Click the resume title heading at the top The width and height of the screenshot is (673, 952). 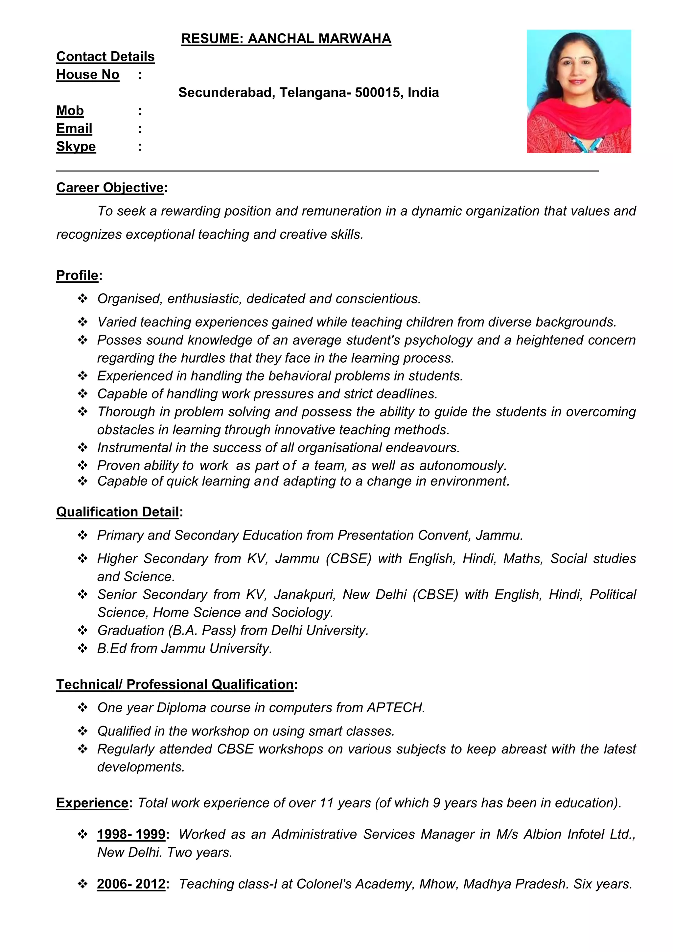pos(286,38)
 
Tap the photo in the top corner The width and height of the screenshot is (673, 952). pos(578,91)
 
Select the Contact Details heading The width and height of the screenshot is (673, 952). pos(105,57)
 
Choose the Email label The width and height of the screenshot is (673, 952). pos(74,129)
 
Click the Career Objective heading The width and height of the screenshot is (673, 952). pos(110,187)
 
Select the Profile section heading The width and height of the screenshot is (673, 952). pos(78,275)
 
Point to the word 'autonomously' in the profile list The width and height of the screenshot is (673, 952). pos(462,465)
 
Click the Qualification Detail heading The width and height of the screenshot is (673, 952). pos(118,512)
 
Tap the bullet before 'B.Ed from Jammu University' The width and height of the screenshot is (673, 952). pos(82,649)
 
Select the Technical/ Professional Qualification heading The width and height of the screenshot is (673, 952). pos(175,684)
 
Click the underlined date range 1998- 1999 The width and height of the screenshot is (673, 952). pos(131,834)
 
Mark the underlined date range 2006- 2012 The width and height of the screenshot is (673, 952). pos(131,884)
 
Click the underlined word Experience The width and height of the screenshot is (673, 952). pos(92,803)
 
